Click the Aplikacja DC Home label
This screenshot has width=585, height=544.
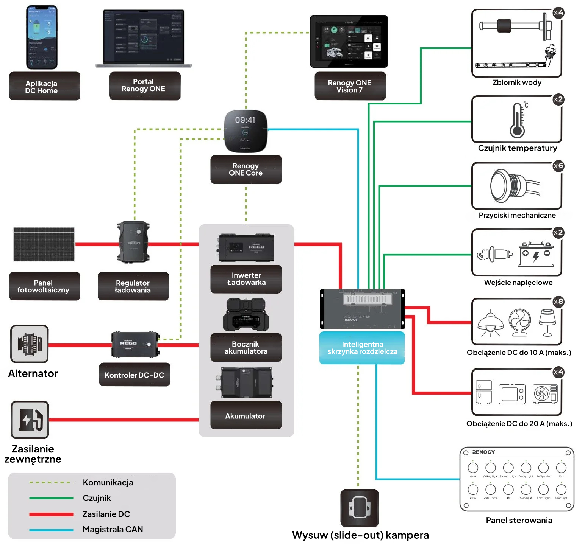44,87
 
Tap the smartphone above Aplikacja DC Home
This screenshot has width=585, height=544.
42,37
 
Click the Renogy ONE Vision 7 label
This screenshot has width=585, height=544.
350,86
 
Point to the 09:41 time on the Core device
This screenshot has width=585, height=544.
245,120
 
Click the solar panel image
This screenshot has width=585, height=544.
44,244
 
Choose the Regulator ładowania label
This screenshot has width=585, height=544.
133,286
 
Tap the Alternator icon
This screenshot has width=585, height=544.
30,344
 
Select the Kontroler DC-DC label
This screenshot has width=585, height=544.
135,375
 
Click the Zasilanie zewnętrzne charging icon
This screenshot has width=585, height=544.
30,420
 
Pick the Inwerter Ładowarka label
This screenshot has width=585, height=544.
246,279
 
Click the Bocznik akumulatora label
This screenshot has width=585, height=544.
246,348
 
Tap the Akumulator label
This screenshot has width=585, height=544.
246,416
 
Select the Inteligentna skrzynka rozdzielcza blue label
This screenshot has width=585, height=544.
362,348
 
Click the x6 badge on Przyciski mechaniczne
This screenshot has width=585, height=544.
558,166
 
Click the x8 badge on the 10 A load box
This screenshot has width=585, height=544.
558,302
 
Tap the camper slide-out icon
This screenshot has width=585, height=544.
359,508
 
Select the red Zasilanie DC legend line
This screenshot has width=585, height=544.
51,514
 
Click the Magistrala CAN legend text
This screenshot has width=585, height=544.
113,529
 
